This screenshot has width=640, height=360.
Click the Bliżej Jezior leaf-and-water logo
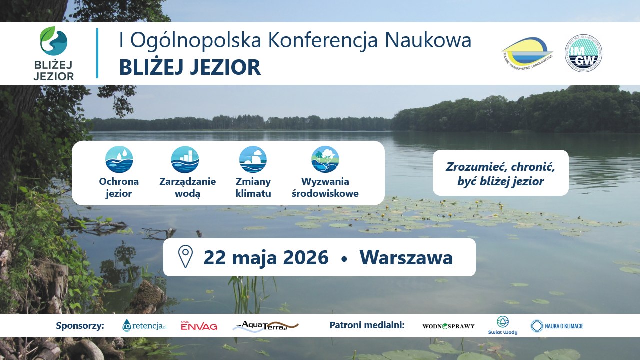pos(53,41)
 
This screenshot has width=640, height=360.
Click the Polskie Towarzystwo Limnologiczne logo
pos(527,53)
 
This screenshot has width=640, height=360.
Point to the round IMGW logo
pos(583,53)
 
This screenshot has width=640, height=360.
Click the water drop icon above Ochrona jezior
pos(119,159)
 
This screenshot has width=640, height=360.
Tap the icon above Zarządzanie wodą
pos(185,159)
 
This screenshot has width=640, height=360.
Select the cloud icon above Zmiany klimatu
pos(253,159)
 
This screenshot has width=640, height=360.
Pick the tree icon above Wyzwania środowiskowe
pos(325,159)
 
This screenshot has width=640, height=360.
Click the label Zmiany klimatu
pos(253,187)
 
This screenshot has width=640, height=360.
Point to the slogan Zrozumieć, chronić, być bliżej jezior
pos(500,173)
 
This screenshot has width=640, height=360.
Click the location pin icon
pos(185,257)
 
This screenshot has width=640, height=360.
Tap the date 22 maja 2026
pos(266,258)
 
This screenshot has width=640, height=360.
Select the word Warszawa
pos(406,258)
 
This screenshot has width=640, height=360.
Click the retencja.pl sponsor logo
pos(144,326)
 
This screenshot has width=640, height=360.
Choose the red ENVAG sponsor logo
pos(199,326)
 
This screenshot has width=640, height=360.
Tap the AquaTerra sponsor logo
pos(265,326)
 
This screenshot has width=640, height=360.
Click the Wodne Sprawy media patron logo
pos(448,326)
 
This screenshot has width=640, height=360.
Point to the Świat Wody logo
pos(502,325)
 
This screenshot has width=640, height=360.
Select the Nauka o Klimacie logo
pos(557,326)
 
